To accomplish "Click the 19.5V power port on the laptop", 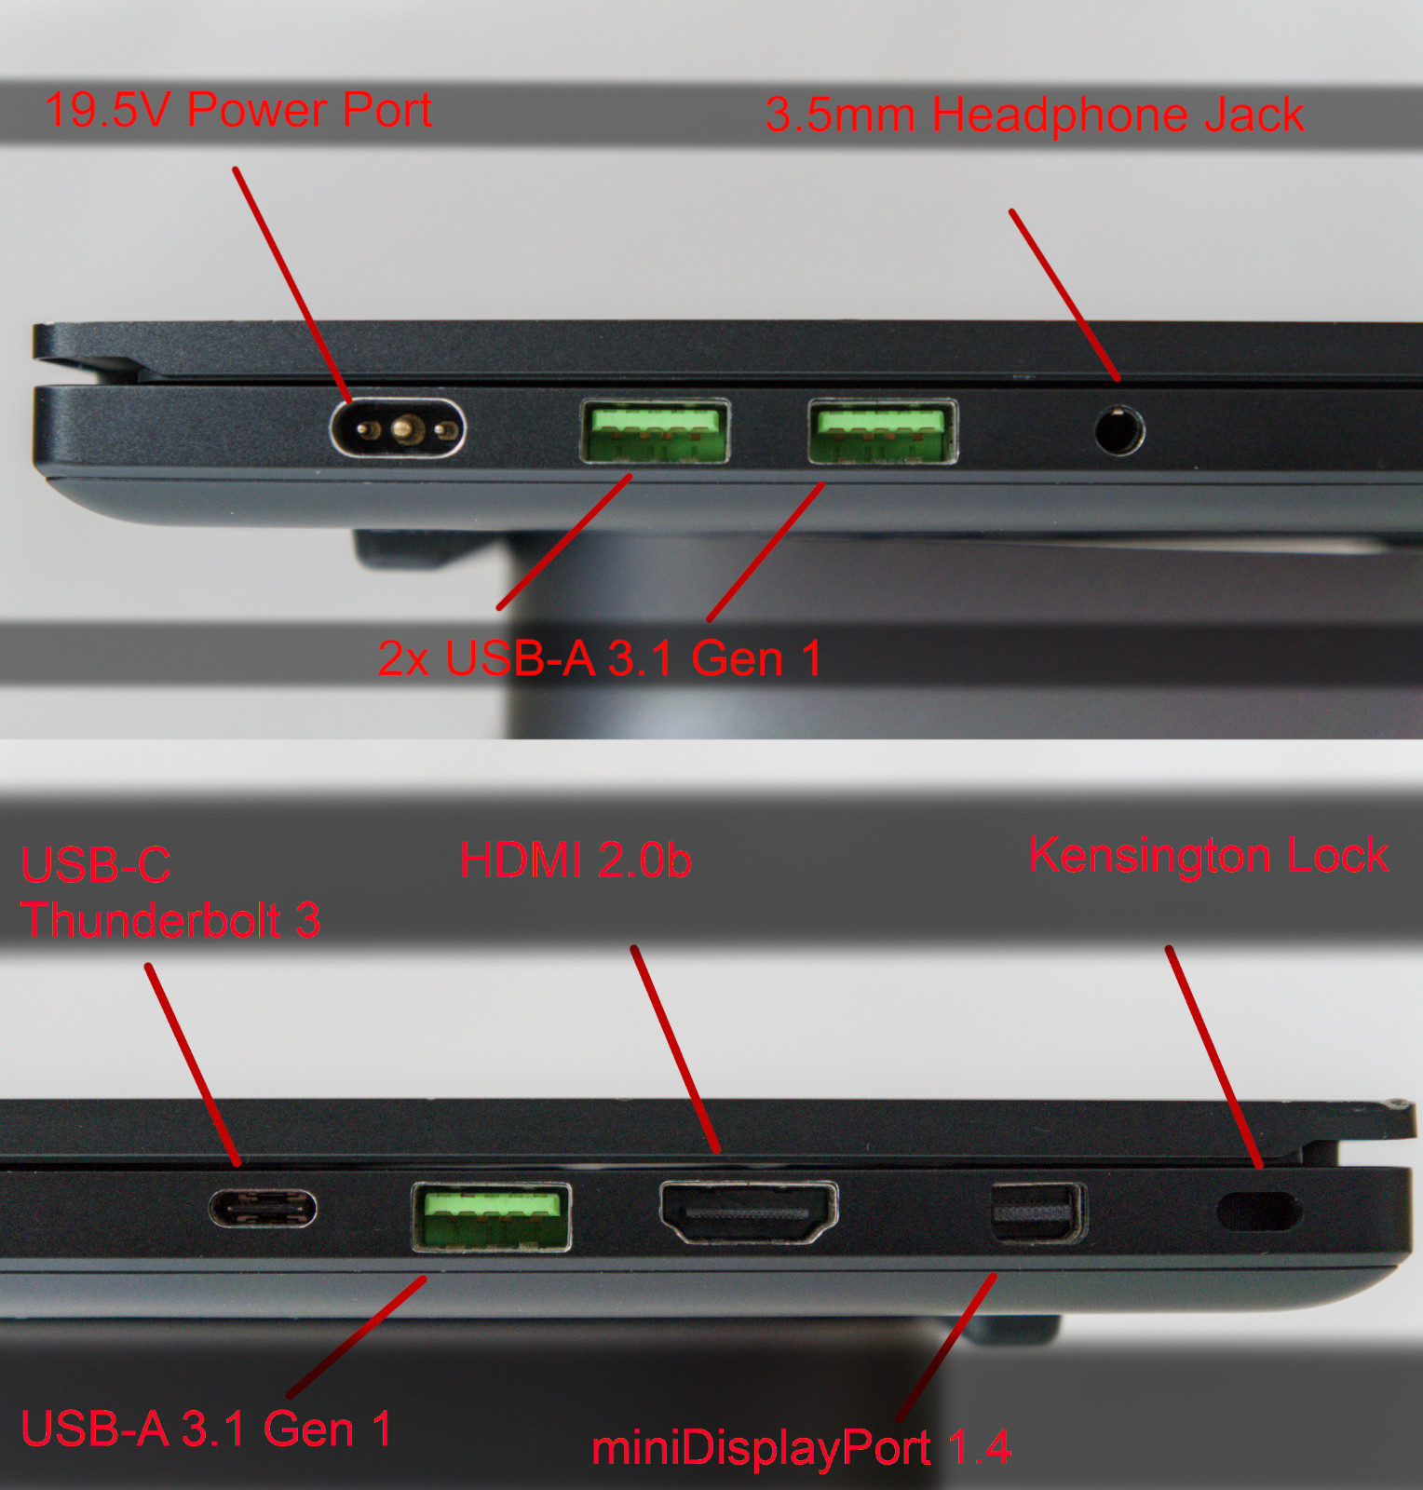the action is (398, 429).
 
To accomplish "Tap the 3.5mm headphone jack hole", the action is (1119, 430).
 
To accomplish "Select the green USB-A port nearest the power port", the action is (655, 430).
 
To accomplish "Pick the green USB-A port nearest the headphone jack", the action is (882, 431).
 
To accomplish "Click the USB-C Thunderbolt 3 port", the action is (263, 1209).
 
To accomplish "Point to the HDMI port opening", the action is (749, 1211).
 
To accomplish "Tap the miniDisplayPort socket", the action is (1038, 1212).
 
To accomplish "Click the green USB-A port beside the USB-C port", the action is (492, 1216).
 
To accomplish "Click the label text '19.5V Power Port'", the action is (238, 110).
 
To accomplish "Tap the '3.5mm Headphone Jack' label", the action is (1035, 115).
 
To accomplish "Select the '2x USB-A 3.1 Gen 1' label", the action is (600, 658).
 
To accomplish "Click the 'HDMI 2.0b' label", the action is (576, 860).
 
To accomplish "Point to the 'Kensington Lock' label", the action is (1209, 855).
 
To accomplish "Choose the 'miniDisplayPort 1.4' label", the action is (801, 1448).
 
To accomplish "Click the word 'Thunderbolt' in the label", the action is (151, 920).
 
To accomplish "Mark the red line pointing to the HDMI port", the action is (675, 1050).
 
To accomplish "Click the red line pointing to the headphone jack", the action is (1064, 295).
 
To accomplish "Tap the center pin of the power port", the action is (403, 429).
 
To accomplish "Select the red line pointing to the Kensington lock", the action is (1214, 1057).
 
